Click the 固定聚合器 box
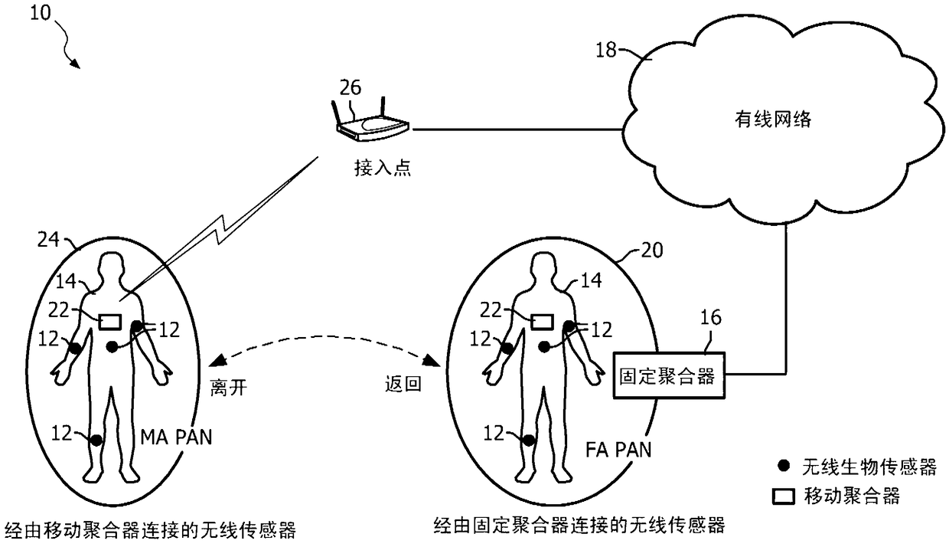(x=668, y=376)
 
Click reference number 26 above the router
(x=351, y=88)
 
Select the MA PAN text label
(x=176, y=437)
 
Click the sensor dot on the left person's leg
(x=96, y=440)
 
